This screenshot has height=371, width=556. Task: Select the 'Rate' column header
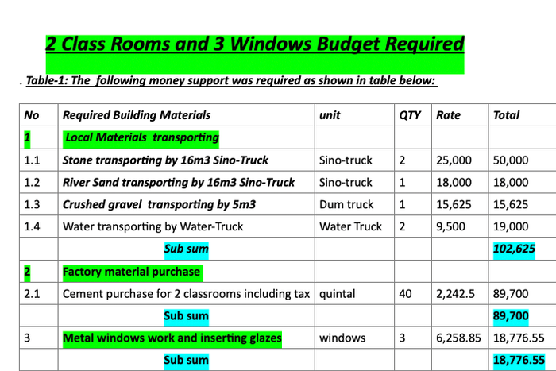pyautogui.click(x=449, y=115)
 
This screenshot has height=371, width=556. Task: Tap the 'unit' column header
pyautogui.click(x=330, y=115)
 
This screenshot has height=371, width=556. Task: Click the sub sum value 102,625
pyautogui.click(x=513, y=249)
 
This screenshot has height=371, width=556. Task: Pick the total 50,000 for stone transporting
pyautogui.click(x=510, y=160)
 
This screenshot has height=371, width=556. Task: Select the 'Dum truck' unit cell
pyautogui.click(x=346, y=204)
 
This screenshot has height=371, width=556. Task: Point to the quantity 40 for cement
pyautogui.click(x=405, y=294)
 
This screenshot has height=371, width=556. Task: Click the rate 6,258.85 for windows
pyautogui.click(x=458, y=338)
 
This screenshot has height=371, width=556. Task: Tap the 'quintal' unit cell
pyautogui.click(x=338, y=294)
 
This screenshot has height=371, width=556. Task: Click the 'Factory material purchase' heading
pyautogui.click(x=132, y=272)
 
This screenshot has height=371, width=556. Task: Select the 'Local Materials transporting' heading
pyautogui.click(x=141, y=137)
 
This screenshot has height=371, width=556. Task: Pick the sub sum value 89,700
pyautogui.click(x=511, y=316)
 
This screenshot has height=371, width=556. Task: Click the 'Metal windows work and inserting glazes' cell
pyautogui.click(x=172, y=338)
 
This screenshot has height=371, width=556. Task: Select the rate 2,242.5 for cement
pyautogui.click(x=456, y=294)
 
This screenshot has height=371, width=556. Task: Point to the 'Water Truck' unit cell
pyautogui.click(x=350, y=226)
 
